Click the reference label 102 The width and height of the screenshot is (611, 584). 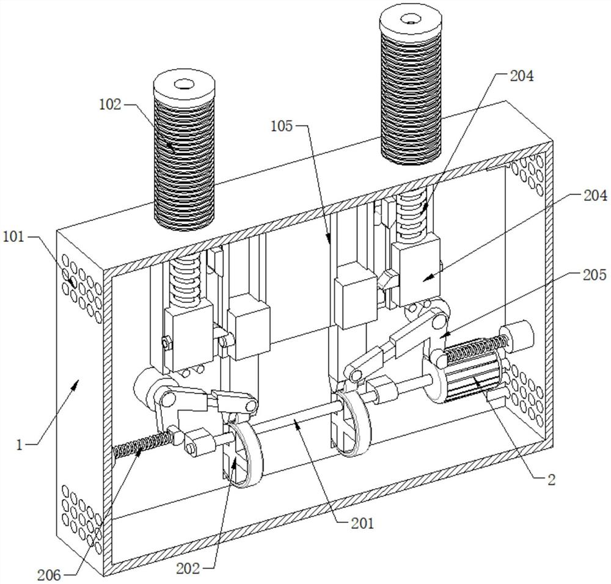[x=110, y=104]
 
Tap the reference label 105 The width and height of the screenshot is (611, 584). [x=282, y=126]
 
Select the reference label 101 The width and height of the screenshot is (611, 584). [x=13, y=237]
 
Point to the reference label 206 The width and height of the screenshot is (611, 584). [x=49, y=575]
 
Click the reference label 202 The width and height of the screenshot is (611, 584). [x=188, y=568]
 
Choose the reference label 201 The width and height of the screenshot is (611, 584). [x=362, y=524]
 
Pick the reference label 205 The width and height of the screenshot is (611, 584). [x=595, y=275]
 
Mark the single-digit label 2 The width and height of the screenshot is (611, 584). [x=551, y=480]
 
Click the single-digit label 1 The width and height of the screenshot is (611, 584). [x=20, y=445]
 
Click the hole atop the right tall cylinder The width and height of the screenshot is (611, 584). [x=411, y=18]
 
